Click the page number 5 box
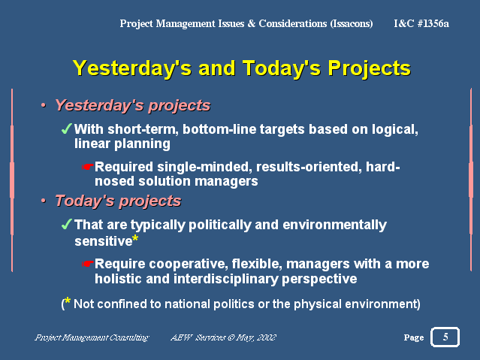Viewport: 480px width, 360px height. pos(445,337)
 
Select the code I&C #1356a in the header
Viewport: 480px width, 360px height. pos(421,23)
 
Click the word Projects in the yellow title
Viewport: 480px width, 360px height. pos(369,68)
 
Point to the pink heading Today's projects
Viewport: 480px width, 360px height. pos(118,201)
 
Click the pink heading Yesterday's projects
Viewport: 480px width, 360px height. pos(132,106)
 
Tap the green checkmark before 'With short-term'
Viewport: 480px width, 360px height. pos(66,129)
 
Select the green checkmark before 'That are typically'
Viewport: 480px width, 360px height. pos(66,224)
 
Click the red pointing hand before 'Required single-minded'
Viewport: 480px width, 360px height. pos(87,167)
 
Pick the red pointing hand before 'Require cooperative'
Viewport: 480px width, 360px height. pos(87,264)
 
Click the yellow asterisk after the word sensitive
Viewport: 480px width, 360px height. pos(135,238)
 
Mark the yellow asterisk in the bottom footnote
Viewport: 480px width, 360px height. pos(68,301)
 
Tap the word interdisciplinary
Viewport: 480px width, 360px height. pos(226,280)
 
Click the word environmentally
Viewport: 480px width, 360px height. pos(334,225)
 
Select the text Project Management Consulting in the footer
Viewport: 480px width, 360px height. pos(92,337)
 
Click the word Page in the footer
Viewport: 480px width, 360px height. pos(414,337)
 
